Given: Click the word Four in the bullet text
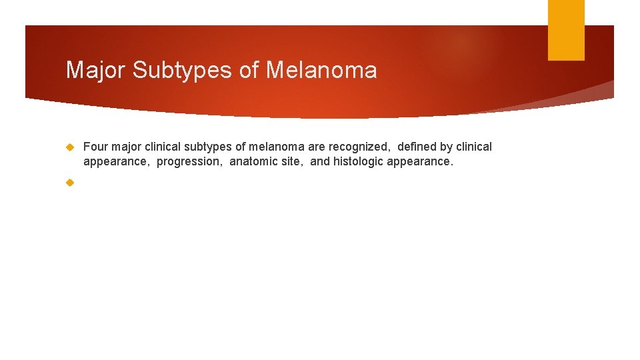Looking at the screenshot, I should [x=95, y=147].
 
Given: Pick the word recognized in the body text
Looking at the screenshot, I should [x=359, y=147].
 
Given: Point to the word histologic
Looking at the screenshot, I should [x=365, y=161].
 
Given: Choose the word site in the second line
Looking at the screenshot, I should [x=293, y=161].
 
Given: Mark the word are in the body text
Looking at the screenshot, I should [x=317, y=147].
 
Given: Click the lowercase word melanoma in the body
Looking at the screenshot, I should [x=277, y=147].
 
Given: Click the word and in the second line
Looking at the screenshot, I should [x=320, y=161].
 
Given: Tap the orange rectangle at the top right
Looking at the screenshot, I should [x=566, y=29].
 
